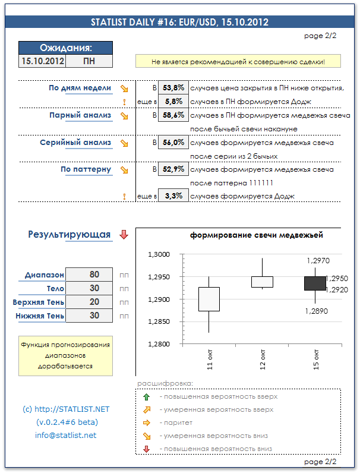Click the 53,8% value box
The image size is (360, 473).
tap(173, 88)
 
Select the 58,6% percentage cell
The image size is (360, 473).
tap(173, 115)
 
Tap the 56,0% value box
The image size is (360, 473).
tap(173, 143)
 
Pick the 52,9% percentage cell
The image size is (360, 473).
tap(173, 169)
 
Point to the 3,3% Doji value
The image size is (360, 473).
tap(173, 195)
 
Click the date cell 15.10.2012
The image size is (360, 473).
tap(42, 61)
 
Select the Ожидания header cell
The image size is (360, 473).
tap(65, 48)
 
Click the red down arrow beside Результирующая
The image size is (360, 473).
tap(124, 235)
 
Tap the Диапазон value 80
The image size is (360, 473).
tap(90, 275)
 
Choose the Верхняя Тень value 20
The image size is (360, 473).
tap(90, 302)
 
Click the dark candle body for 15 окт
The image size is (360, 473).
tap(315, 283)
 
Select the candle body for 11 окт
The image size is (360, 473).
tap(209, 299)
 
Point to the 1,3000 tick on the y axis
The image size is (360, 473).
tap(158, 255)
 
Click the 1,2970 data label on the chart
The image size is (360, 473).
tap(318, 260)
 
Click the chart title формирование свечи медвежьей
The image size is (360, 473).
tap(257, 235)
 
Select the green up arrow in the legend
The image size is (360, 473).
tap(147, 396)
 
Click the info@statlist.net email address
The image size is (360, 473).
tap(66, 436)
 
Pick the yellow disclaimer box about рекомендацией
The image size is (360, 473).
tap(238, 61)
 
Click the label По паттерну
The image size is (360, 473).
tap(86, 169)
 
